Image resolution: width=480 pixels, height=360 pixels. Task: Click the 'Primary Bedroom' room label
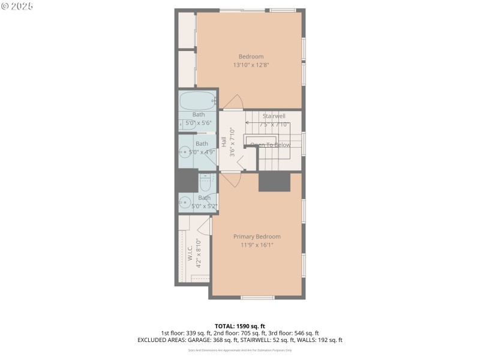pos(257,236)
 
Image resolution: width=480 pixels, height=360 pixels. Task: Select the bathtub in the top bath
pos(197,100)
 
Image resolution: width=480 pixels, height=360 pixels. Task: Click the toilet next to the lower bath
pos(205,181)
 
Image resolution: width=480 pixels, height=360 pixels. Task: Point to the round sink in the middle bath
pos(184,152)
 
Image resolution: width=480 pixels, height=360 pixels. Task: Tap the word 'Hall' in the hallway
pos(223,142)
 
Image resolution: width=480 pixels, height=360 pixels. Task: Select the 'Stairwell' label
pos(274,116)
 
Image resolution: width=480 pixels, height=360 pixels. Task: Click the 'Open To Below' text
pos(271,145)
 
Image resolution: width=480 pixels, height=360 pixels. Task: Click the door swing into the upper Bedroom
pos(235,103)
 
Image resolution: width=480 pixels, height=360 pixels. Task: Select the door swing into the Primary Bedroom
pos(232,180)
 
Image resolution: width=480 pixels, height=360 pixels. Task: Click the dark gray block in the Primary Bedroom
pos(274,182)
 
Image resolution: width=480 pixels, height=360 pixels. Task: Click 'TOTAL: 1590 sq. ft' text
pos(240,326)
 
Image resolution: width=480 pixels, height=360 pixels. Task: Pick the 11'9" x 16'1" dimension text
pos(257,245)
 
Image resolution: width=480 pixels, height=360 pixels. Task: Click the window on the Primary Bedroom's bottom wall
pos(257,298)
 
